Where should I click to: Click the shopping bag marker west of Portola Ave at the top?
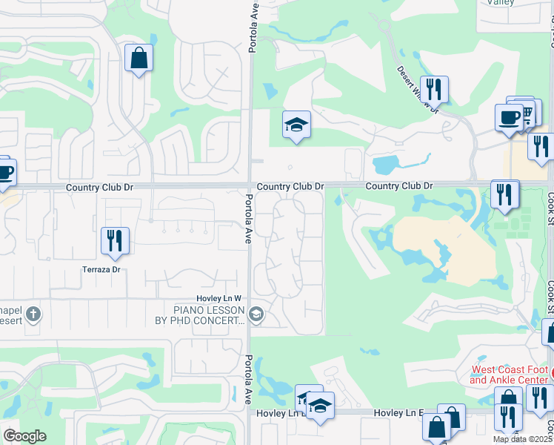(x=138, y=58)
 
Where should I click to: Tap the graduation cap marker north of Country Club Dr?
(x=296, y=125)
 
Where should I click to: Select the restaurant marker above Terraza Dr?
(x=115, y=240)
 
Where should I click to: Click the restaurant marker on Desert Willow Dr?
(x=434, y=89)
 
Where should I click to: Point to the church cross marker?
(x=33, y=314)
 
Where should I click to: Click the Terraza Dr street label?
(x=101, y=270)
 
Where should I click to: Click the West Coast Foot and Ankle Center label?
(x=510, y=375)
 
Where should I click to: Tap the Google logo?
(x=25, y=436)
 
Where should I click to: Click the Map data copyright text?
(x=523, y=439)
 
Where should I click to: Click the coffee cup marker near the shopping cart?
(x=508, y=117)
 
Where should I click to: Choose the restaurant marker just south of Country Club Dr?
(x=504, y=194)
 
